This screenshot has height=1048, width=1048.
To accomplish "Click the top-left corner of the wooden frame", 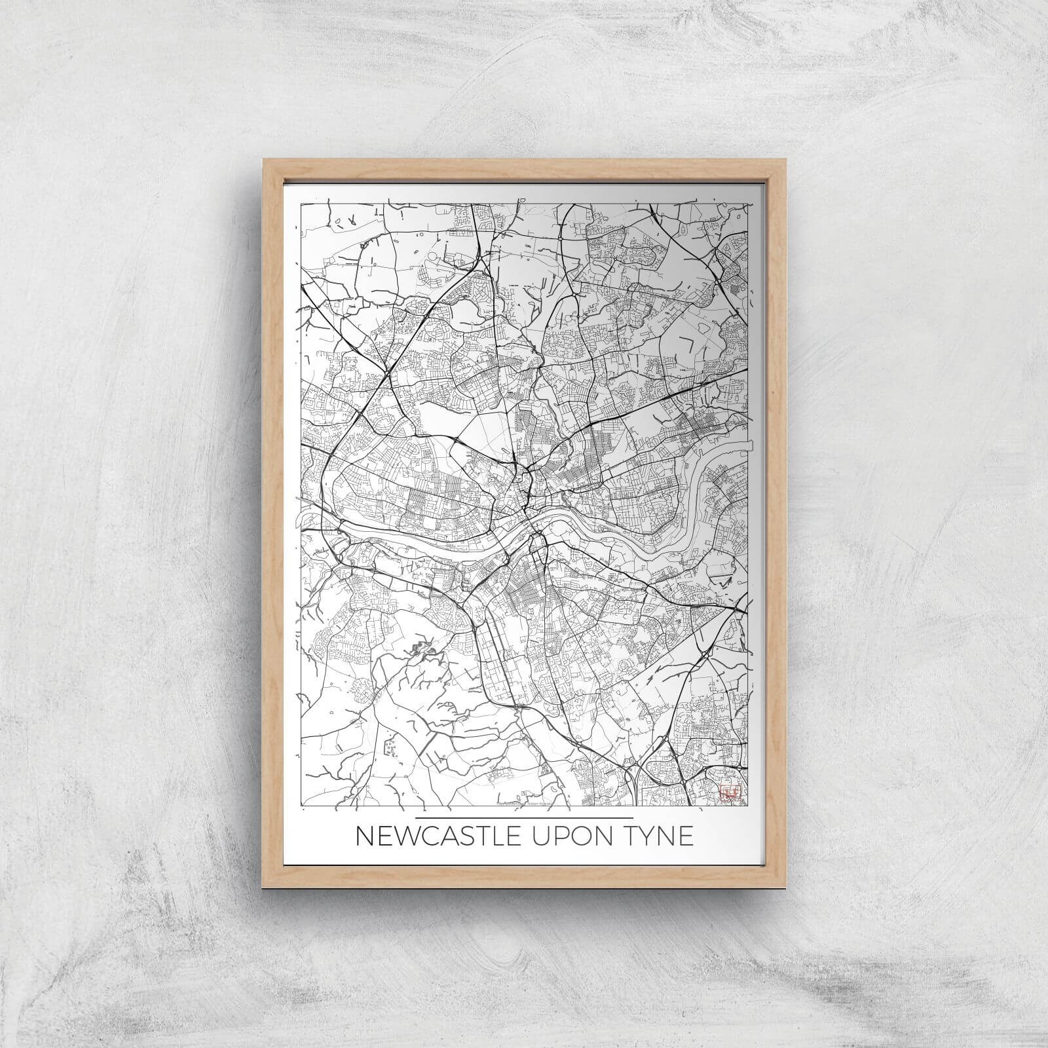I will [x=263, y=160].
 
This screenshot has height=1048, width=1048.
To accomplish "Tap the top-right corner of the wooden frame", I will [x=785, y=160].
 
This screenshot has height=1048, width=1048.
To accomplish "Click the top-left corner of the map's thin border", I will [x=301, y=204].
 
